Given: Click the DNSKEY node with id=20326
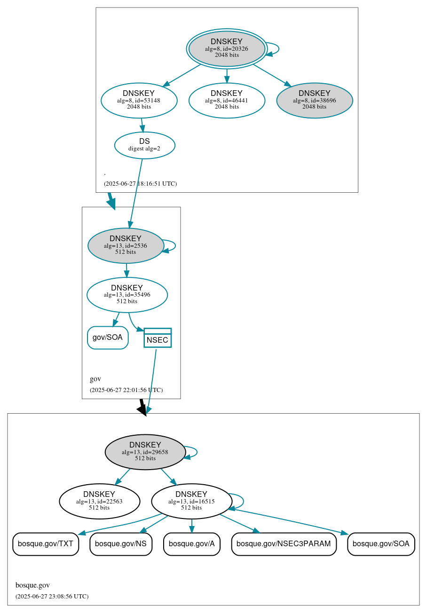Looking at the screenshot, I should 227,48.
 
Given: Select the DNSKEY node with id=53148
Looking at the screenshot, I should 139,100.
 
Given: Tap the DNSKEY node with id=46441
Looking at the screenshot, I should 227,100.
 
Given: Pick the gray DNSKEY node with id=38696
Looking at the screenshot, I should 314,100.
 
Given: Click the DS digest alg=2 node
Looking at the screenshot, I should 144,145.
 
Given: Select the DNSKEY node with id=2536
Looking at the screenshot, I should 126,245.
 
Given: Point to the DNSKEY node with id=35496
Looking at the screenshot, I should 127,295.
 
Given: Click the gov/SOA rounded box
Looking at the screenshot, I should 108,338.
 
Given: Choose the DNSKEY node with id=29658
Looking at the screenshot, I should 145,452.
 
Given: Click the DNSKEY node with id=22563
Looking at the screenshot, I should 99,501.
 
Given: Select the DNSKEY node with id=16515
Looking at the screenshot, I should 191,501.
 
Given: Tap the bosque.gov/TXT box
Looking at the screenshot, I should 46,544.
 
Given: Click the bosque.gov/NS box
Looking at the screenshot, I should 121,544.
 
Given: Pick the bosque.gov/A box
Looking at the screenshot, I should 191,544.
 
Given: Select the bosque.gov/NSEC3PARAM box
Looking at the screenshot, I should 284,544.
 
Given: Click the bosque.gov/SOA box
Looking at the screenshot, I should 381,544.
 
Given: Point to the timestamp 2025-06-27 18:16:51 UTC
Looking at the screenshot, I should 140,184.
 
